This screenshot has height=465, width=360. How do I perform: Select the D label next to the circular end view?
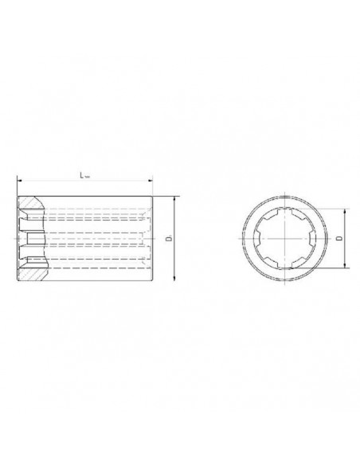[338, 238]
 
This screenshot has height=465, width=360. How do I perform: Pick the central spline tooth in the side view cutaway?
[32, 239]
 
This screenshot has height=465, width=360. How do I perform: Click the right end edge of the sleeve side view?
[152, 239]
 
